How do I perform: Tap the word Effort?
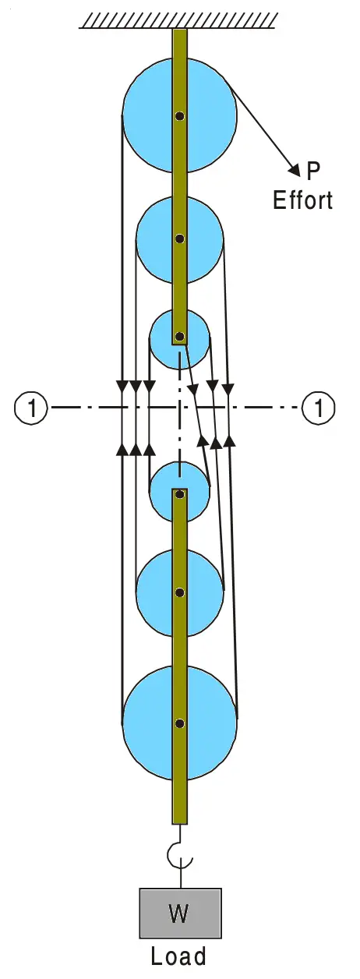point(302,200)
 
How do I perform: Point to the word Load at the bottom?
point(179,956)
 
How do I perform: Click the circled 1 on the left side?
point(31,407)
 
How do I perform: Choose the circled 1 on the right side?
point(319,407)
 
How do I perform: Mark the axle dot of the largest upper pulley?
point(180,117)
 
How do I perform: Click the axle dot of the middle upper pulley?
point(180,239)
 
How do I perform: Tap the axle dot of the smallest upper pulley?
point(180,337)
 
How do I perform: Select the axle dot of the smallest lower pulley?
point(180,493)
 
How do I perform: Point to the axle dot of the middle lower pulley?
point(180,592)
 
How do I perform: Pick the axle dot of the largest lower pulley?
point(180,723)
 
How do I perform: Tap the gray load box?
point(179,914)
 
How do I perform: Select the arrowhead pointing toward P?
point(295,168)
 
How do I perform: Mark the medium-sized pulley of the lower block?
point(152,592)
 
